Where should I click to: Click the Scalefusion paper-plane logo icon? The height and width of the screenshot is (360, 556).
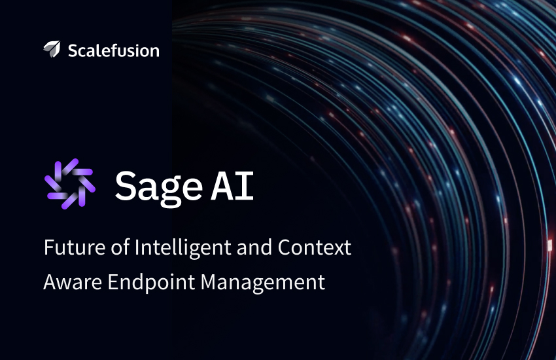click(x=52, y=49)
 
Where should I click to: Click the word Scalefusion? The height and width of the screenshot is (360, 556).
click(x=113, y=50)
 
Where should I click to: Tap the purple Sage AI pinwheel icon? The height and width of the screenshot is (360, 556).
click(x=70, y=184)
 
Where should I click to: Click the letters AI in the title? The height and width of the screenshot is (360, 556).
click(x=232, y=185)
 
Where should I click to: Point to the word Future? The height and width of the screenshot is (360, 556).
click(x=75, y=247)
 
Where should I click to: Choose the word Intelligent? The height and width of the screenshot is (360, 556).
click(x=183, y=248)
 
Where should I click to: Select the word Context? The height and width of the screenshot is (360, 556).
click(x=315, y=247)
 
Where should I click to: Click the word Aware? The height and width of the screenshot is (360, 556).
click(x=73, y=282)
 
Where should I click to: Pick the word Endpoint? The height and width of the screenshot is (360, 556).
click(x=151, y=283)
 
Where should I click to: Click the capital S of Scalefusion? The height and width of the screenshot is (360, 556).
click(x=73, y=50)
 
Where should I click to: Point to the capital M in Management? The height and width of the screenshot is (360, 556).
click(x=208, y=282)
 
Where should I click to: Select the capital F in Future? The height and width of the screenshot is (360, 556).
click(x=49, y=247)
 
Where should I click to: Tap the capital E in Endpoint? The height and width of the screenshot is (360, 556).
click(x=113, y=282)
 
